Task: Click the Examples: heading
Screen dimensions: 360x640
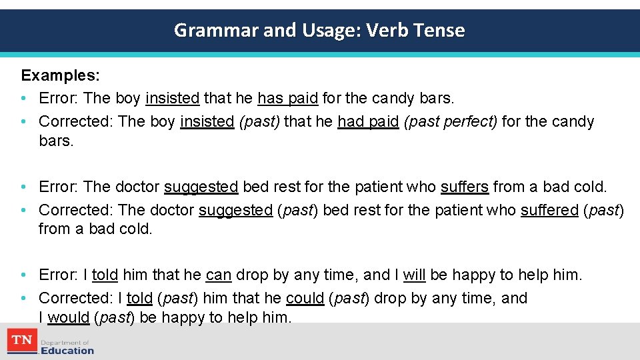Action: [x=61, y=75]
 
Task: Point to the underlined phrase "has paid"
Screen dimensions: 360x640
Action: [x=287, y=98]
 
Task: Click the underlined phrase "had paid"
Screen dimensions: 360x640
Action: [x=368, y=121]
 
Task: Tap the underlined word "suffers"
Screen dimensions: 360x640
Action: [x=465, y=187]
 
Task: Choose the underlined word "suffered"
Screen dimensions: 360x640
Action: [x=549, y=210]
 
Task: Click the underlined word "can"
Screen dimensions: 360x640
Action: [x=219, y=275]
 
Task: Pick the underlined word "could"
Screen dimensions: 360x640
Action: [x=305, y=298]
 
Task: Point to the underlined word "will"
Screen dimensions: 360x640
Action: [x=415, y=275]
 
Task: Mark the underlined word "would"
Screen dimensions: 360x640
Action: [x=68, y=317]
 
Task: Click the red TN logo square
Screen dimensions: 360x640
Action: [x=22, y=341]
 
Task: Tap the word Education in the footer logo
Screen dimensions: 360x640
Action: [x=67, y=350]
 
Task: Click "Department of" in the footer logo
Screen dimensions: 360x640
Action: [x=65, y=342]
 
